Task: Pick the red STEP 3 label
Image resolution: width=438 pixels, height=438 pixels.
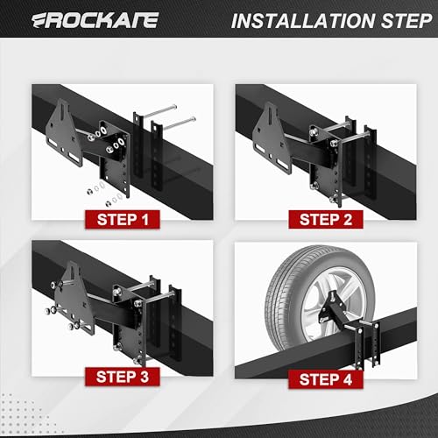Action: pos(120,378)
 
